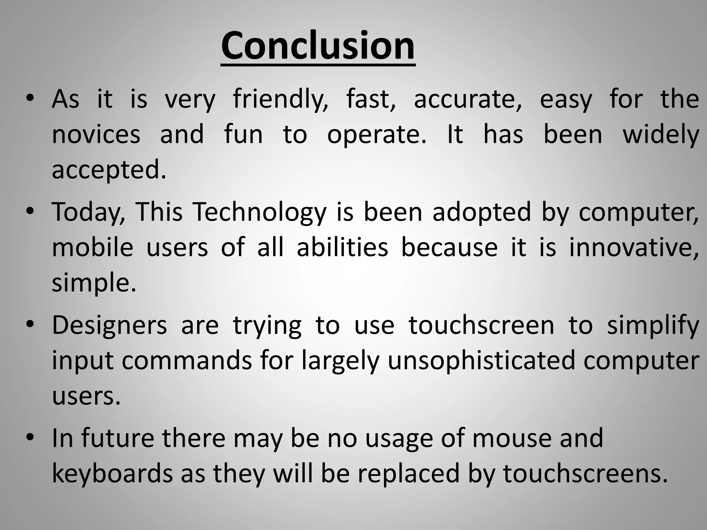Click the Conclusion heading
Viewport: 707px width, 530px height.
[318, 46]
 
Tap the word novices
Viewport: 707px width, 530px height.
[96, 135]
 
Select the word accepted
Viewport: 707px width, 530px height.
[108, 170]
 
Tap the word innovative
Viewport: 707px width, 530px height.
[634, 247]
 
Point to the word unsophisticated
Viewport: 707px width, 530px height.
[481, 361]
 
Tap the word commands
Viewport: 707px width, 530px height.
[186, 361]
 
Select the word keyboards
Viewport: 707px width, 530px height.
[112, 473]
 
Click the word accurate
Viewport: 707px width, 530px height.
[468, 99]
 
